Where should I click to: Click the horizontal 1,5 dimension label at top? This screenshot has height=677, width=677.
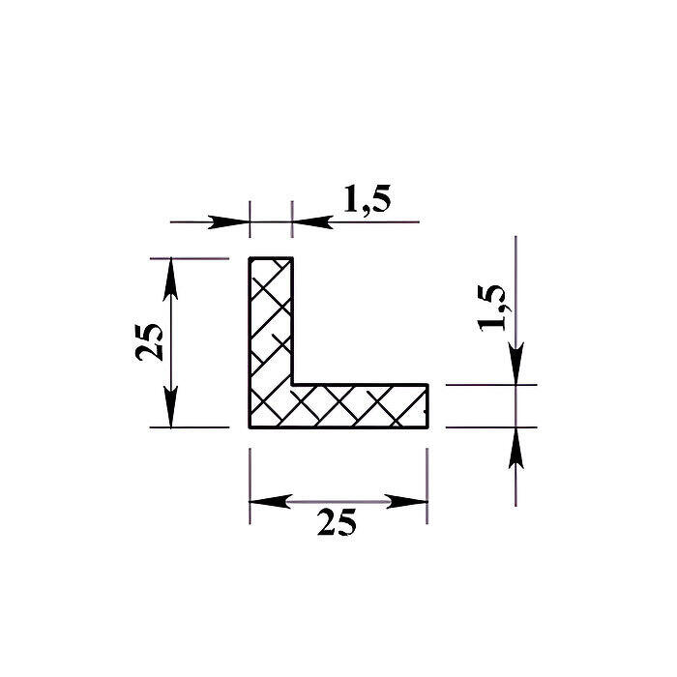[367, 199]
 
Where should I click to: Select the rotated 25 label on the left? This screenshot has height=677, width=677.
[149, 341]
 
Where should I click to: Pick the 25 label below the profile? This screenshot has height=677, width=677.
[337, 522]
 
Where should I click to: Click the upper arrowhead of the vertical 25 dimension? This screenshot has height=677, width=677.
[170, 279]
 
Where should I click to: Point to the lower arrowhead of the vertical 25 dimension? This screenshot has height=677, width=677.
[170, 407]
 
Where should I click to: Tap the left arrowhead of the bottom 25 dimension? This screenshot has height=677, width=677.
[271, 502]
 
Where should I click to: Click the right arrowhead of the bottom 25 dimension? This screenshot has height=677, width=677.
[406, 502]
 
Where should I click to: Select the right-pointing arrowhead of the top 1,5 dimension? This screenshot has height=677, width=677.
[229, 222]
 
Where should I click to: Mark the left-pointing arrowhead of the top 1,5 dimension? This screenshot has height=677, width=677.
[313, 222]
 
